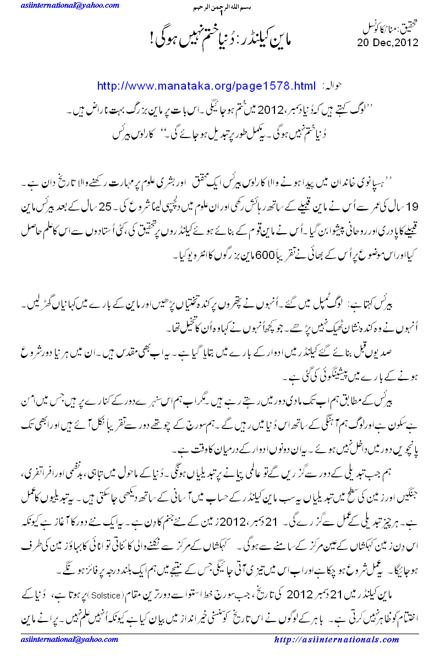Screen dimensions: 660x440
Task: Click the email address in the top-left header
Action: click(x=61, y=5)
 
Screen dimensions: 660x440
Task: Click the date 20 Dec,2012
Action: click(x=387, y=42)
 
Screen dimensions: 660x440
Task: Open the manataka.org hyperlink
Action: click(x=206, y=86)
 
